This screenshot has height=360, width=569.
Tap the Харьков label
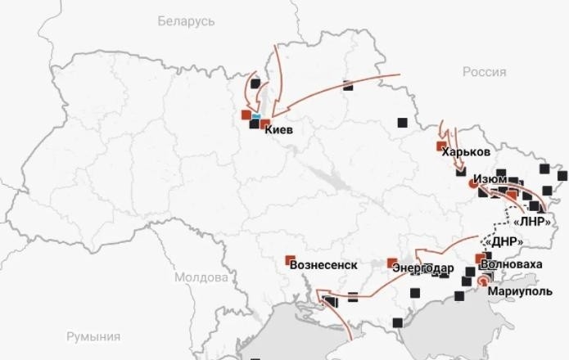pyautogui.click(x=467, y=152)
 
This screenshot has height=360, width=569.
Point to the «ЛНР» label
pyautogui.click(x=533, y=222)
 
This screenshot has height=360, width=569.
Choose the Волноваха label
pyautogui.click(x=512, y=265)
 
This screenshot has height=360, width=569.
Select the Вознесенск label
pyautogui.click(x=324, y=265)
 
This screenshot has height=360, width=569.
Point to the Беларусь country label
pyautogui.click(x=187, y=20)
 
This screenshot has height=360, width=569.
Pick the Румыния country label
pyautogui.click(x=93, y=336)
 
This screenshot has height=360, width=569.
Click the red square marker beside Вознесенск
pyautogui.click(x=290, y=260)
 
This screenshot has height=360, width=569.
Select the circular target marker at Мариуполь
pyautogui.click(x=481, y=281)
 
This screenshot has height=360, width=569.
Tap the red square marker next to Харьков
pyautogui.click(x=442, y=147)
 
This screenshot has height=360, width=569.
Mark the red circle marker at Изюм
pyautogui.click(x=472, y=184)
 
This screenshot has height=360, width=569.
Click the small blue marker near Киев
pyautogui.click(x=256, y=117)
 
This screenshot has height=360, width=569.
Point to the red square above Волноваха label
pyautogui.click(x=480, y=258)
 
